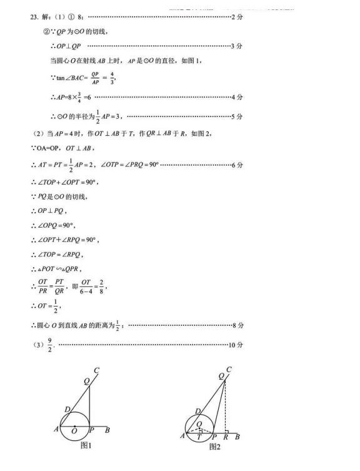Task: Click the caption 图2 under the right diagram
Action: tap(214, 446)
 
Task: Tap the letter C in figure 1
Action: tap(96, 370)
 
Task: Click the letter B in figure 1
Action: tap(108, 430)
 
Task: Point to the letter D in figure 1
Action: tap(66, 409)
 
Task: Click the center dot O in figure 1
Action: tap(75, 428)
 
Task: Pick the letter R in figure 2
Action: tap(225, 437)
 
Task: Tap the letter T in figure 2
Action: tap(199, 438)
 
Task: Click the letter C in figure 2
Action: tap(229, 370)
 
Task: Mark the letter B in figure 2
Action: tap(237, 437)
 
